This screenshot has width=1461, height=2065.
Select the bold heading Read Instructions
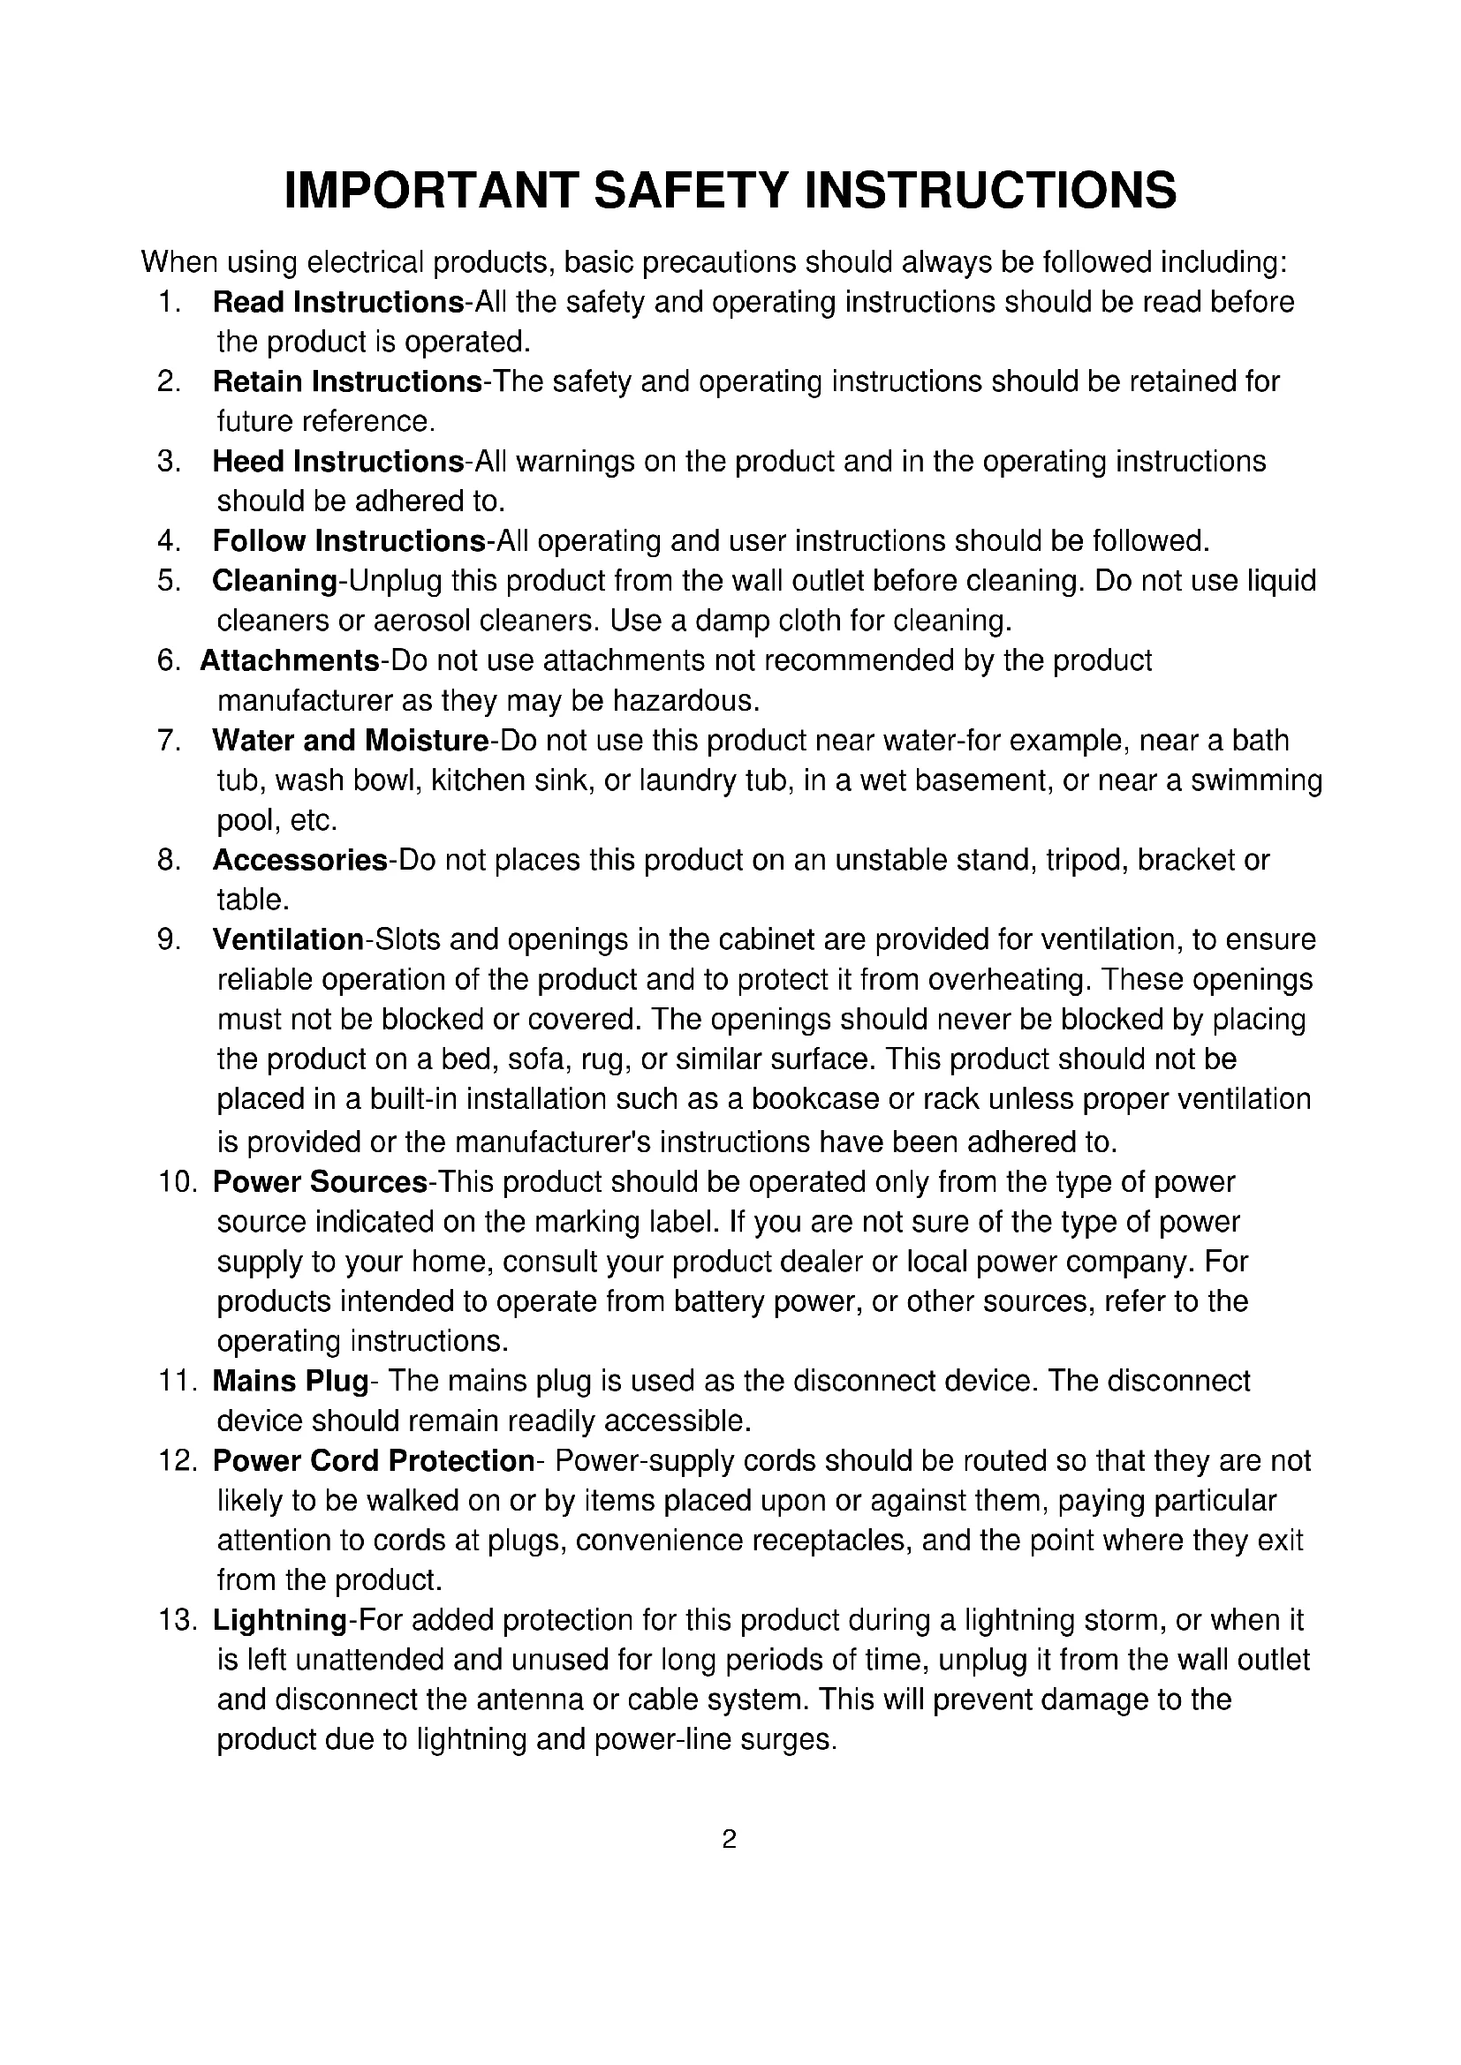pos(338,302)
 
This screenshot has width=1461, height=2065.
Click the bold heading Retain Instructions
pos(347,382)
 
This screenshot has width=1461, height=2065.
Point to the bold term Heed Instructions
pos(338,462)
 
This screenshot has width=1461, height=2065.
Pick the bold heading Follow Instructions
pos(349,541)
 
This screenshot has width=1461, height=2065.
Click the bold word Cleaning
pos(275,581)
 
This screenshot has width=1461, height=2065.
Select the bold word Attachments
pos(290,661)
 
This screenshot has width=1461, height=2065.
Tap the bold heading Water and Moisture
pos(351,741)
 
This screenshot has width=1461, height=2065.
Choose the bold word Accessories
pos(299,861)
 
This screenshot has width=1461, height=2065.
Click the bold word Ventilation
pos(288,940)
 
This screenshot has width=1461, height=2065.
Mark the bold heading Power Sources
pos(321,1182)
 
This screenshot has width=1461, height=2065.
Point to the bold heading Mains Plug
pos(291,1381)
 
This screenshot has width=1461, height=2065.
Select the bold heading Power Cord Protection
pos(374,1460)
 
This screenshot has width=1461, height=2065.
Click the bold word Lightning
pos(280,1620)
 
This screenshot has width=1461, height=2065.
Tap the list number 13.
pos(178,1620)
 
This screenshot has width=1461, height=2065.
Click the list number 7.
pos(168,741)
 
